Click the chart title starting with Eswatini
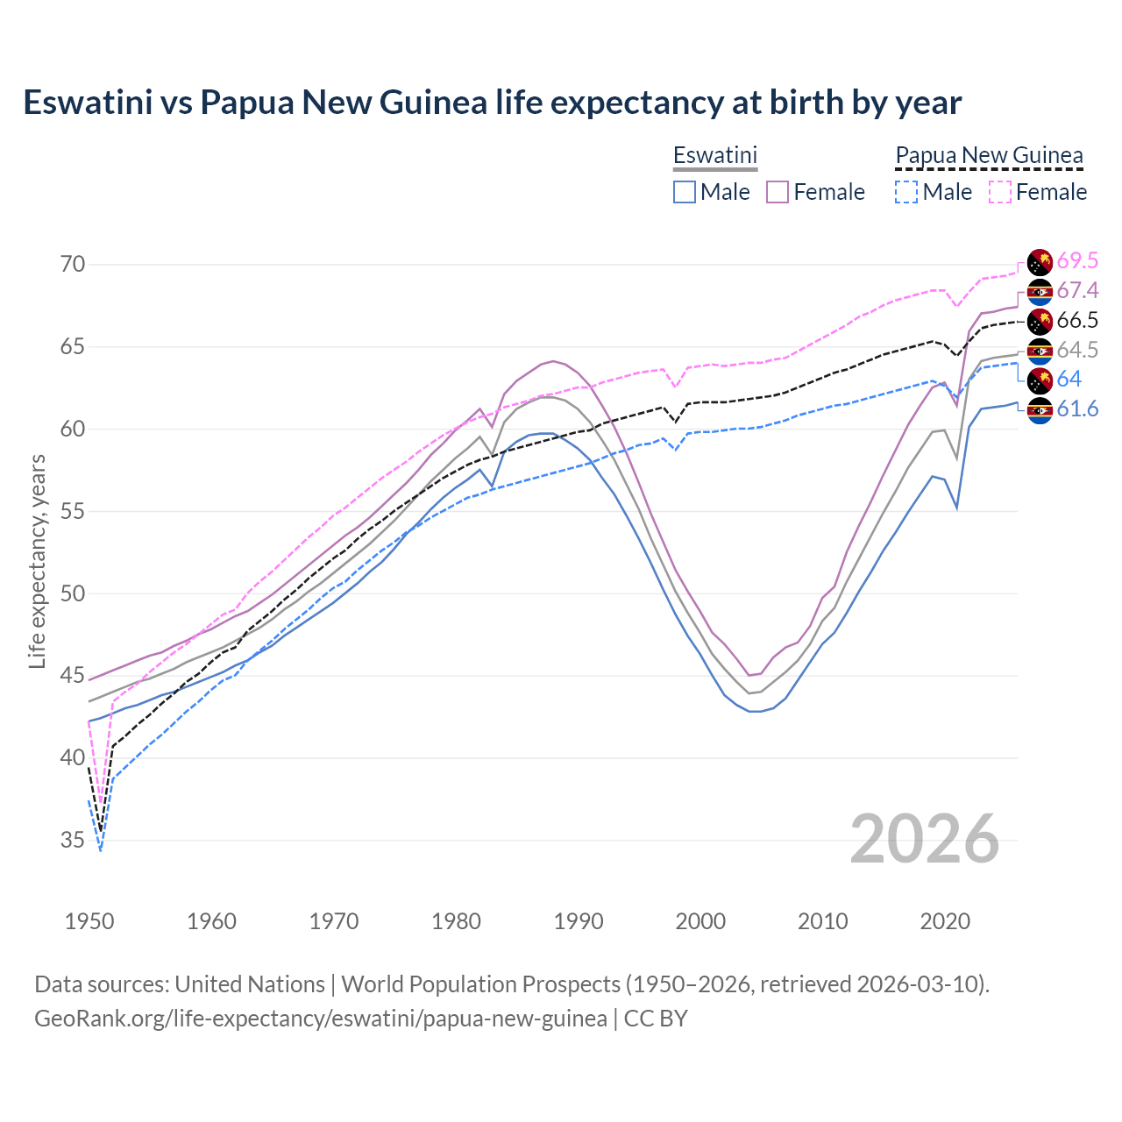[x=492, y=103]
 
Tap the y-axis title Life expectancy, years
[x=37, y=561]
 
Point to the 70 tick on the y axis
[x=73, y=264]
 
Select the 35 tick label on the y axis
[x=73, y=840]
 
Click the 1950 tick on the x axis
[x=89, y=921]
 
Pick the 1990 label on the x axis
[x=579, y=921]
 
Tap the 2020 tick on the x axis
[x=945, y=921]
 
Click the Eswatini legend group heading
[x=714, y=155]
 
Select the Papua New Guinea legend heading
[x=989, y=155]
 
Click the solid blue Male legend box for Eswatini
[x=685, y=192]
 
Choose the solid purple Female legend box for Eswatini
[x=778, y=192]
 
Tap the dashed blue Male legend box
[x=906, y=192]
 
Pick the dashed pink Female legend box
[x=999, y=192]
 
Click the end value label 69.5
[x=1077, y=260]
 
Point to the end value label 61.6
[x=1077, y=409]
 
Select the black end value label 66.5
[x=1077, y=320]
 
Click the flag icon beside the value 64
[x=1040, y=380]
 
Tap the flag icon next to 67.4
[x=1040, y=291]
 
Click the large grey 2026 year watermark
[x=925, y=839]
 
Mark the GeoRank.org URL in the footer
[x=320, y=1019]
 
